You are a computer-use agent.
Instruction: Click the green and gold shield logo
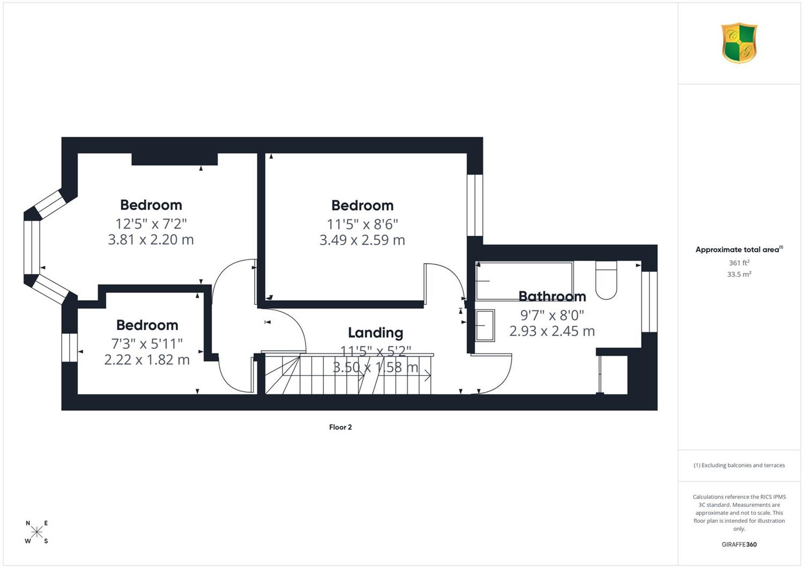click(x=739, y=43)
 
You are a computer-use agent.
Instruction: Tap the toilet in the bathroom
click(x=606, y=280)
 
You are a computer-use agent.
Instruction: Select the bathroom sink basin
click(x=485, y=325)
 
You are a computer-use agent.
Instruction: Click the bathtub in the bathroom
click(x=524, y=281)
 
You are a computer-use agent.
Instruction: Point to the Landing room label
click(x=375, y=333)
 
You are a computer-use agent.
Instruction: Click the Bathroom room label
click(x=552, y=296)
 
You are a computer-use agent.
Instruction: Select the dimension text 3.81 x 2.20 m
click(x=151, y=240)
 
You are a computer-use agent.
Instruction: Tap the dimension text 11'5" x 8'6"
click(x=362, y=225)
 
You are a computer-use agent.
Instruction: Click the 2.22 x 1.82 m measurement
click(x=147, y=360)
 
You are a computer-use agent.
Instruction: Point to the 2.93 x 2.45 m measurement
click(x=552, y=331)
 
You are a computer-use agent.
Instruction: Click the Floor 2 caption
click(x=340, y=427)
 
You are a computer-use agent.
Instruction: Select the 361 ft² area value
click(x=739, y=263)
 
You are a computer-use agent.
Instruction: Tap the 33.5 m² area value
click(x=739, y=274)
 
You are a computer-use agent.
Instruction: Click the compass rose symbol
click(x=36, y=532)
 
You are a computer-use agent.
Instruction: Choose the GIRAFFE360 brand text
click(x=739, y=544)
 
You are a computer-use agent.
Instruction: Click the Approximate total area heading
click(x=739, y=249)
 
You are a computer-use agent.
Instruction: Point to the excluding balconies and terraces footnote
click(x=739, y=465)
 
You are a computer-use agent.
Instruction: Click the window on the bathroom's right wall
click(x=649, y=302)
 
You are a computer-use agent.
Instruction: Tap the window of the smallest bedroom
click(x=70, y=347)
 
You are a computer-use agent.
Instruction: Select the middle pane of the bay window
click(x=32, y=247)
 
